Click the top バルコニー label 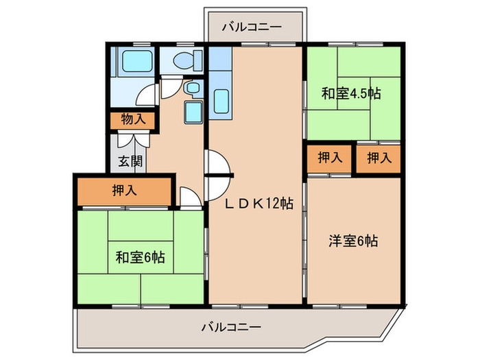click(252, 27)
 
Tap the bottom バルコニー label click(231, 326)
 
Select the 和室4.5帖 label click(351, 94)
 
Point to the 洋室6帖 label click(353, 241)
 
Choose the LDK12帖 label click(261, 203)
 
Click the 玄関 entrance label click(129, 162)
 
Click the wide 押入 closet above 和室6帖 click(123, 191)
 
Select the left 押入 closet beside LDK click(330, 158)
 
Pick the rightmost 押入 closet click(379, 158)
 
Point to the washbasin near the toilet click(193, 88)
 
